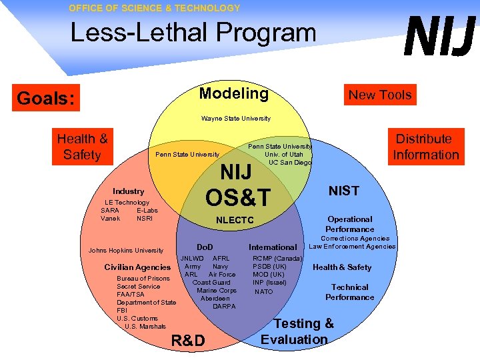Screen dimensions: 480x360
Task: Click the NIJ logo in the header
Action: pos(441,37)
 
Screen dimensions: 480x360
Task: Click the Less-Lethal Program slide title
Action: pos(193,32)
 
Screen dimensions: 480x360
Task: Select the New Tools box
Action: pos(380,95)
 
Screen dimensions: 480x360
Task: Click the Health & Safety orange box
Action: pos(82,147)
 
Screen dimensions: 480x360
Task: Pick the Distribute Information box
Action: pos(425,147)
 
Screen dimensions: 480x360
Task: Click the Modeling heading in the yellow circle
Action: pos(233,93)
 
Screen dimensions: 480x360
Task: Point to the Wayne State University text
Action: pos(236,119)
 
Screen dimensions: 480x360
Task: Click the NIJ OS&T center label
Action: pos(238,185)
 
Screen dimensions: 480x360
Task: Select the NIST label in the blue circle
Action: pos(344,191)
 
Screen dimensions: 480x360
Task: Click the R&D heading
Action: pos(188,341)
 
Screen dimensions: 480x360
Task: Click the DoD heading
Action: pos(205,247)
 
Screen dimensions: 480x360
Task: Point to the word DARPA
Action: pos(224,307)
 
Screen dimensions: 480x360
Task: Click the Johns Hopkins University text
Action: pos(126,251)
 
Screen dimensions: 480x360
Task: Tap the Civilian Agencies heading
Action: pos(137,267)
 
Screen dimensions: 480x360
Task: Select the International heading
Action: pos(273,247)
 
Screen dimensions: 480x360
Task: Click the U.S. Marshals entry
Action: pos(145,327)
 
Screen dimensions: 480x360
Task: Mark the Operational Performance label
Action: pos(350,224)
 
